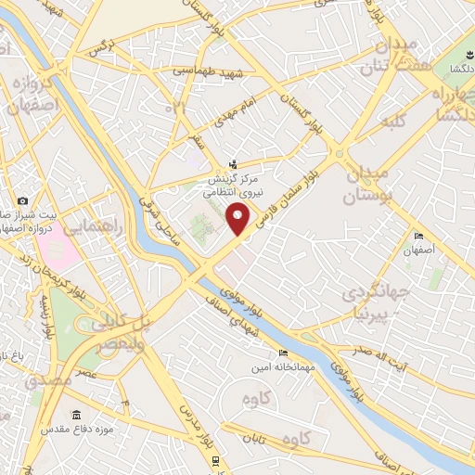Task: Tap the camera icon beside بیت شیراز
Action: (22, 201)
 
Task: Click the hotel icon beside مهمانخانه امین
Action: (282, 353)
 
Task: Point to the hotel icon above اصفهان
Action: (419, 237)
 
